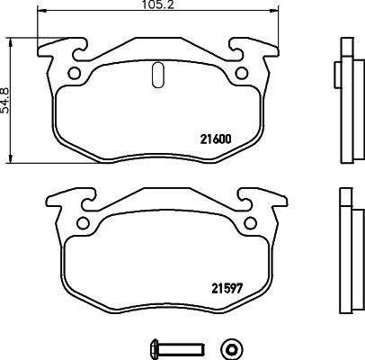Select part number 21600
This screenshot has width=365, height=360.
click(213, 139)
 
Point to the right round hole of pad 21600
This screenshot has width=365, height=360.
click(240, 74)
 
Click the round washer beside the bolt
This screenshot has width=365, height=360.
click(232, 347)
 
